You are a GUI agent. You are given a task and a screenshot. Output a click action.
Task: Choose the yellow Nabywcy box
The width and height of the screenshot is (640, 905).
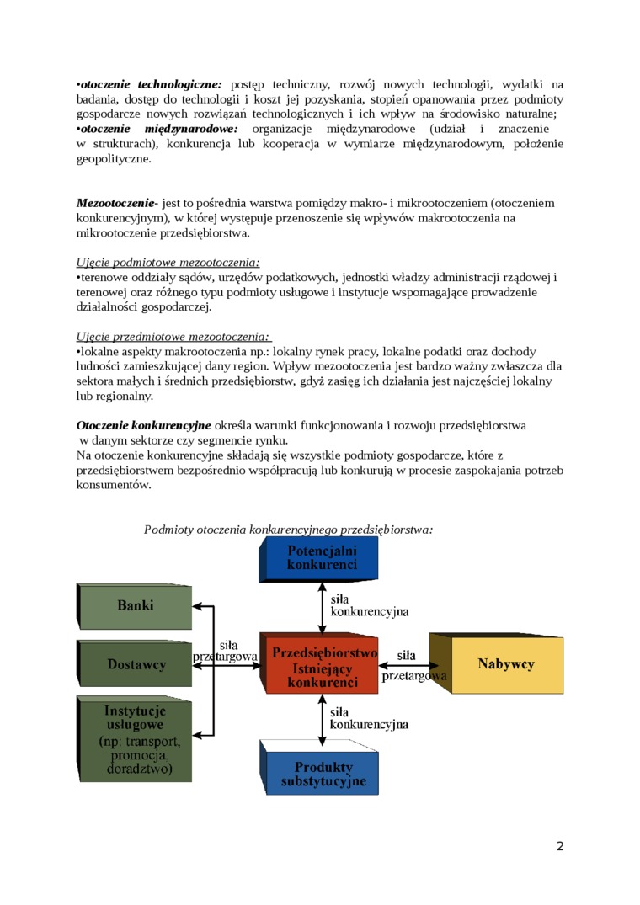click(505, 664)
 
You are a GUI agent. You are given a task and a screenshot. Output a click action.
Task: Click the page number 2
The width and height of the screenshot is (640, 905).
click(560, 846)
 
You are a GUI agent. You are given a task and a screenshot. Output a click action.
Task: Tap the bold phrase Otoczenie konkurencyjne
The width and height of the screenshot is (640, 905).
click(144, 425)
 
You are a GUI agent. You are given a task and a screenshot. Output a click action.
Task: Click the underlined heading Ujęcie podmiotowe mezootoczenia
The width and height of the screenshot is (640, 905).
click(168, 263)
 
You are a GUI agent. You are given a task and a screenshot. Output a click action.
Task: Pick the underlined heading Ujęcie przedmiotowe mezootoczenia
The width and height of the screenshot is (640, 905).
click(173, 337)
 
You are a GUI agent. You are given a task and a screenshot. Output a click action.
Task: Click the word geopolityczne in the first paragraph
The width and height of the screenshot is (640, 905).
click(114, 158)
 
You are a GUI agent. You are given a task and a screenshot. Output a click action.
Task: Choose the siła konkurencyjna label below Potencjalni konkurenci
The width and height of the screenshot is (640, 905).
click(369, 604)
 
